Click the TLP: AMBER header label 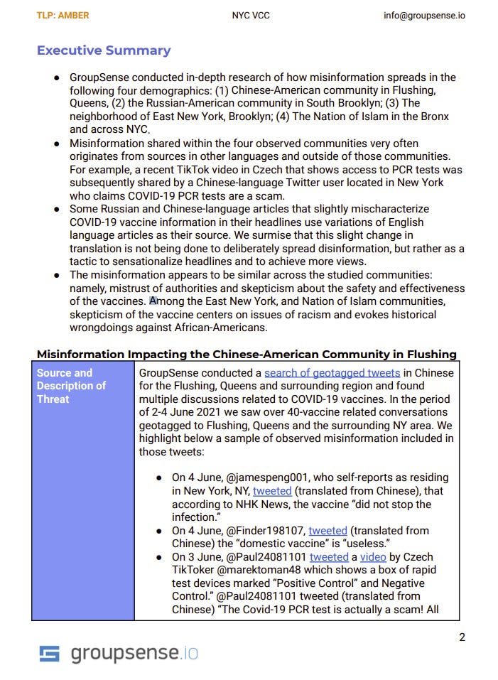(63, 15)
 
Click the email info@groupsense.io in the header (425, 15)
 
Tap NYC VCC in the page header (249, 15)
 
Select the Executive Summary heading (104, 50)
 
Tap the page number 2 (462, 637)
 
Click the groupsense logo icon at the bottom (49, 654)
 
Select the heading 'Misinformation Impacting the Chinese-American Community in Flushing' (247, 354)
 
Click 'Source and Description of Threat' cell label (71, 386)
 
